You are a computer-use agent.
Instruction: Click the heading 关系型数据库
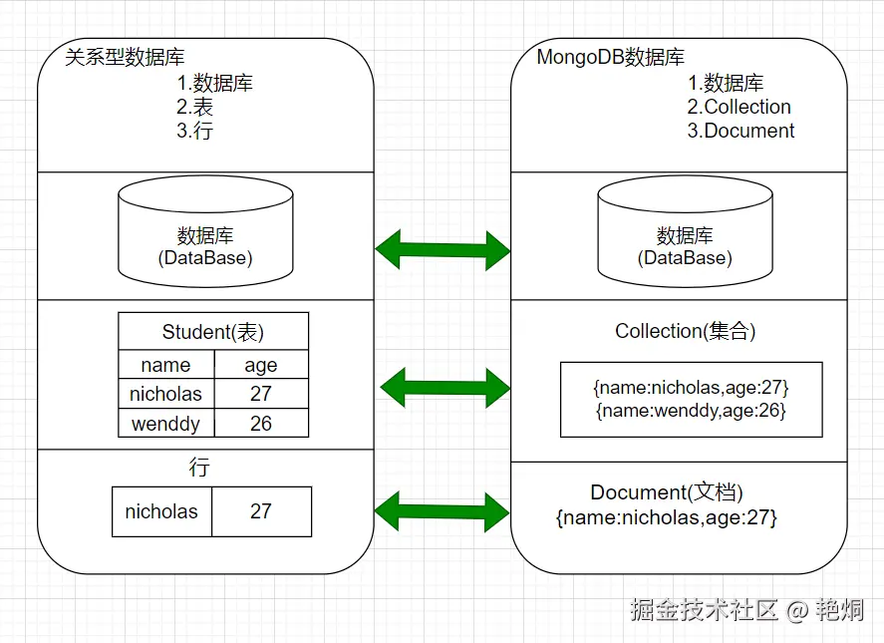click(x=125, y=58)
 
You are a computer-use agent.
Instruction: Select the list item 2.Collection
click(x=738, y=107)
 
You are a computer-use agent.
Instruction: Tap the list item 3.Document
click(x=740, y=131)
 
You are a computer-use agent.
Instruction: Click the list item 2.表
click(x=195, y=107)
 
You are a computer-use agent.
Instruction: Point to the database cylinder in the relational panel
click(x=205, y=231)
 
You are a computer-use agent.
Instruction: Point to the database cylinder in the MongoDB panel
click(x=685, y=231)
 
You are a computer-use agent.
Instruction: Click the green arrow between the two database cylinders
click(x=442, y=249)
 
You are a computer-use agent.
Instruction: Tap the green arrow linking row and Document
click(x=442, y=511)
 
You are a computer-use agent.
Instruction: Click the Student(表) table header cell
click(x=213, y=332)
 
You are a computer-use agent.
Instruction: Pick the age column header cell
click(x=261, y=364)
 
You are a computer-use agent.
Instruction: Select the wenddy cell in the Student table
click(x=165, y=424)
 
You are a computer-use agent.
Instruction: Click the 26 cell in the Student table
click(x=261, y=424)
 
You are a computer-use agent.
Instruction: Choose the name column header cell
click(x=165, y=364)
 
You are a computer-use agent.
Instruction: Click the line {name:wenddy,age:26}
click(x=691, y=410)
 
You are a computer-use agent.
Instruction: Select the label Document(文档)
click(x=667, y=492)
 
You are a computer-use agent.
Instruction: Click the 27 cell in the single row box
click(x=261, y=511)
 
